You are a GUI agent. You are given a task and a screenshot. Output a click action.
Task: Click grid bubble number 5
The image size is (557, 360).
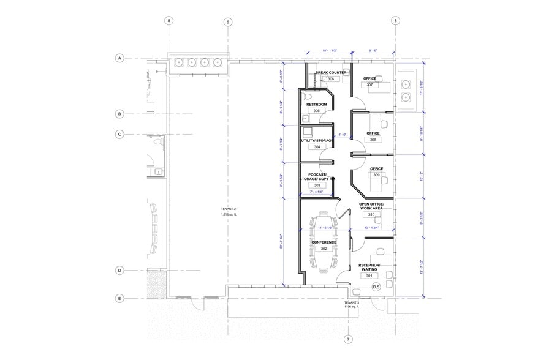point(169,20)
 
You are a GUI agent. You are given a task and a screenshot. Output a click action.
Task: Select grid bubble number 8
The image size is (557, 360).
point(396,20)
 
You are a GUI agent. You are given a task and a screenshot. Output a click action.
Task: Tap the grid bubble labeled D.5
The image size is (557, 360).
point(376,287)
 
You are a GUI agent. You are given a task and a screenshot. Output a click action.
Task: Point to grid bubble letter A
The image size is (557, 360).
point(120,58)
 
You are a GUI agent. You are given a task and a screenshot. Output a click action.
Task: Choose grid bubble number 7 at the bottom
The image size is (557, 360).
point(348,339)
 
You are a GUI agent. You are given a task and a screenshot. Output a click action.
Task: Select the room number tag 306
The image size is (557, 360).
point(330,79)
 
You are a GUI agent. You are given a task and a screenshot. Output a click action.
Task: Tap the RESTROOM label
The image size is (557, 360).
point(316,105)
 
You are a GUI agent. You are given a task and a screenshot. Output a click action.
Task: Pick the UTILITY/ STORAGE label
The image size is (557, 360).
point(317,140)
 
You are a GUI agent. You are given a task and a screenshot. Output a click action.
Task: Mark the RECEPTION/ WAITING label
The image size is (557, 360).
point(369,267)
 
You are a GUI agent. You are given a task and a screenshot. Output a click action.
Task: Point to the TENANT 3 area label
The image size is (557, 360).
point(351,305)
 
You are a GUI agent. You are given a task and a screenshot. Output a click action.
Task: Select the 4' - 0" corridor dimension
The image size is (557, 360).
point(343,135)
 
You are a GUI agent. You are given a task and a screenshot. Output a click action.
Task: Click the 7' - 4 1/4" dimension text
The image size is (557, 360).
point(320,192)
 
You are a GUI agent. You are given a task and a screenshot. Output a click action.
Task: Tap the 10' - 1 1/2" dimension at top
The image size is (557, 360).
point(330,51)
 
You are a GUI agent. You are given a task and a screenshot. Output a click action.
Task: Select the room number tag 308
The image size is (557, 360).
point(373,140)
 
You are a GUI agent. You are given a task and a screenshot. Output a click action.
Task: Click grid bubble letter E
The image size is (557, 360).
point(120,299)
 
